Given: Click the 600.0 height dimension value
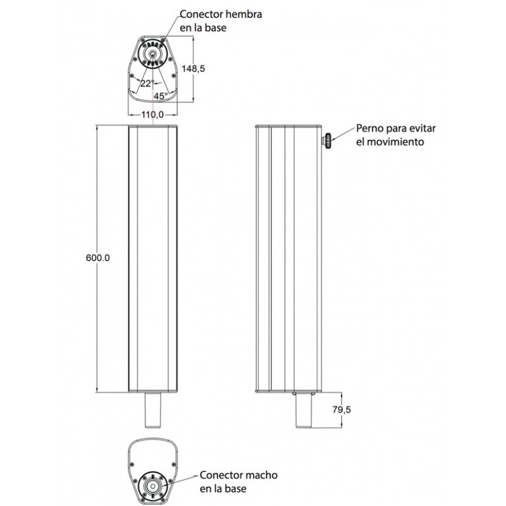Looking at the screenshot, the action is pos(98,258).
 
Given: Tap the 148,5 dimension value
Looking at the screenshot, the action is pos(194,68).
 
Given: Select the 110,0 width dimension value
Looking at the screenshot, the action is pos(152,114).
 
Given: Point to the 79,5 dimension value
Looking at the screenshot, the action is pos(342,409).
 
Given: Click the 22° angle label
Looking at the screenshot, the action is pos(147,83).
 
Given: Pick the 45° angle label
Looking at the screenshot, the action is pos(161,96).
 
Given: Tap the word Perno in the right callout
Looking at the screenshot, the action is pos(370,128).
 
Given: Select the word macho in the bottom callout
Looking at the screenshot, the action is pos(261,475).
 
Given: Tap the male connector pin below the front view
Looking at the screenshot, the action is pos(152,410).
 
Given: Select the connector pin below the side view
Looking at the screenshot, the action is pos(304,410).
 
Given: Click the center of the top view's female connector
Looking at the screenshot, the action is pos(152,54).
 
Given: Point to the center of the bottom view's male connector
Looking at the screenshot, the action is pos(152,486).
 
